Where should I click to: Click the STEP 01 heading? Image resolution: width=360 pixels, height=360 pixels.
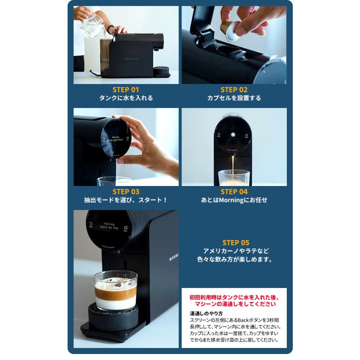[x=126, y=90]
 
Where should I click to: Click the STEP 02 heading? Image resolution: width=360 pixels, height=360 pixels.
[x=234, y=90]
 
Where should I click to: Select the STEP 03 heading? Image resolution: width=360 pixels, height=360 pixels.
[x=126, y=192]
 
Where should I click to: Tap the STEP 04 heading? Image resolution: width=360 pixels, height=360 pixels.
[x=234, y=192]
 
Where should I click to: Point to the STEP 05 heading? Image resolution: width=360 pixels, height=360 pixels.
[x=236, y=242]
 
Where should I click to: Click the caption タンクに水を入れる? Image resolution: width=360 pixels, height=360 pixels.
[x=126, y=98]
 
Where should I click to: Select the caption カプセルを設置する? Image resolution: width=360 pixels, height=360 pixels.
[x=234, y=98]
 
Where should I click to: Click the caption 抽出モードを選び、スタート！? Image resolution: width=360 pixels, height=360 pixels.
[x=126, y=200]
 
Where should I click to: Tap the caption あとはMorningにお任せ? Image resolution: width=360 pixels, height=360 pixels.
[x=234, y=200]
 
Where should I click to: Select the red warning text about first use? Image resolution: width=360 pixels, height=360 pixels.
[x=234, y=301]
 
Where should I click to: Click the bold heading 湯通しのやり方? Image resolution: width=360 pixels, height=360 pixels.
[x=206, y=313]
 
